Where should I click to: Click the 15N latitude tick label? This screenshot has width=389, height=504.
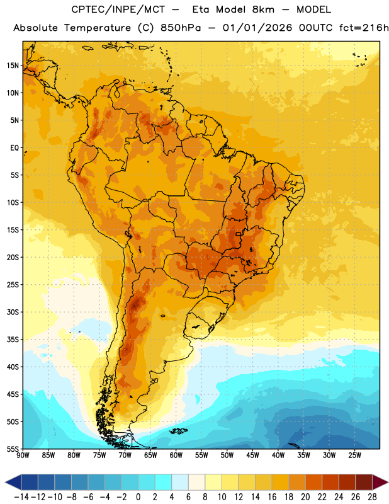coord(13,66)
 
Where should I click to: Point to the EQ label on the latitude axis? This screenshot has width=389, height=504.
coord(14,148)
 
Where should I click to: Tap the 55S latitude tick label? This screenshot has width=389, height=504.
coord(13,449)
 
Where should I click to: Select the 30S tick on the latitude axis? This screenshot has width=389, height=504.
coord(13,312)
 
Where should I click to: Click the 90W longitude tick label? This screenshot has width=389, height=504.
coord(23,455)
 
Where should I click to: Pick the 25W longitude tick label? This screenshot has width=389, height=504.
coord(354,455)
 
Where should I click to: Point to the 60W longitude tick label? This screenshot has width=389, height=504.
coord(176,455)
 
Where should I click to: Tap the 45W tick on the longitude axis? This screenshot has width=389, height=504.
coord(252,455)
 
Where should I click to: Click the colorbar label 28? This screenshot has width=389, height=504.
coord(372,497)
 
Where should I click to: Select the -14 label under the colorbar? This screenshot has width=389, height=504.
coord(21,497)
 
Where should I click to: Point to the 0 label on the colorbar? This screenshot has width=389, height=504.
coord(138,497)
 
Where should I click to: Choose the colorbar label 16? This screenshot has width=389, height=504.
coord(272,497)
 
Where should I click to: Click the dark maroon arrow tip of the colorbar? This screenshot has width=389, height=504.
coord(381,482)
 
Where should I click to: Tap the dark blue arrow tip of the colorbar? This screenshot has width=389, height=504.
coord(13,482)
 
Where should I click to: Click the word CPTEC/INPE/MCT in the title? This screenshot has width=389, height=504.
coord(118,9)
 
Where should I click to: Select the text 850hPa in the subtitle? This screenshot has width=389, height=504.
coord(181,28)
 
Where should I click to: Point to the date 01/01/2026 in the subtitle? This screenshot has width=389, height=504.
coord(257,28)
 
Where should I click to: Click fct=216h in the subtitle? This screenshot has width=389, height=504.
coord(364,28)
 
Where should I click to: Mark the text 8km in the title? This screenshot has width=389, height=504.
coord(263,9)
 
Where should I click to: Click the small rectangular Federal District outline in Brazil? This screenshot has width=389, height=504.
coord(238,234)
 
